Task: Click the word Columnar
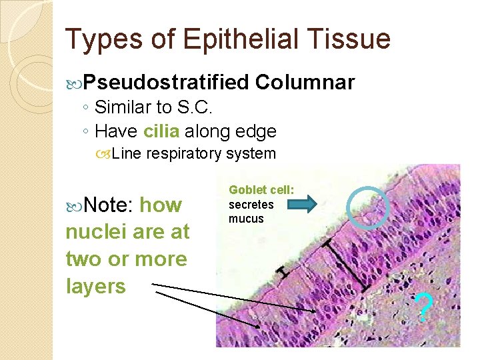point(304,83)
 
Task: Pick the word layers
point(95,286)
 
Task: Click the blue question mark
point(425,307)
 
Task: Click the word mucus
point(246,219)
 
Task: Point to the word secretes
point(251,204)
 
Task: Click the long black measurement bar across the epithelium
point(344,265)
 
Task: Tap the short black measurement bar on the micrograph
point(285,271)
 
